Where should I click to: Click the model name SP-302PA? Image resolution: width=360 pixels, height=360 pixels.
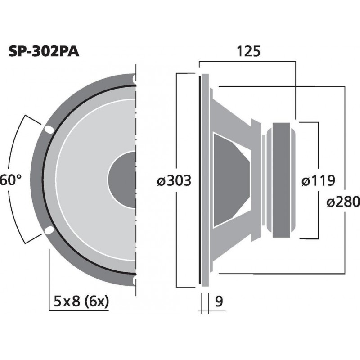tap(44, 52)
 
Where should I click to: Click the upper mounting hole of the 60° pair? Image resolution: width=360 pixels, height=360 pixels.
tap(48, 130)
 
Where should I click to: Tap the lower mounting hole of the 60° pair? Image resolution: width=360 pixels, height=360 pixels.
tap(48, 231)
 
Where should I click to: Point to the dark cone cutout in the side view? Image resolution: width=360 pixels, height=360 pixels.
tap(229, 180)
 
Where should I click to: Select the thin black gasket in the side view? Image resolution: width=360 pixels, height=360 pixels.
tap(199, 180)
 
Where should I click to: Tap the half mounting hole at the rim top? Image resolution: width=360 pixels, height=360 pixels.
tap(134, 78)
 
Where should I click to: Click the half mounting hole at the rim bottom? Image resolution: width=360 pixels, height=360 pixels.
tap(134, 281)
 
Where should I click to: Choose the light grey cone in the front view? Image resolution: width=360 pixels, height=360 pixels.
tap(85, 180)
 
